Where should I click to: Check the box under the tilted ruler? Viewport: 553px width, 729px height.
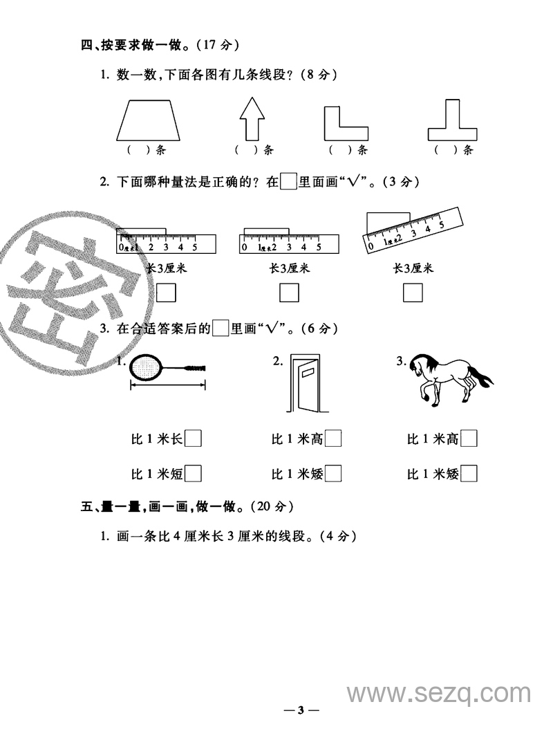(413, 293)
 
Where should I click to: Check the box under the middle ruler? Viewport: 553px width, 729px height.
(289, 293)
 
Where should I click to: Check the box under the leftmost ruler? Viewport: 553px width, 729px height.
(167, 293)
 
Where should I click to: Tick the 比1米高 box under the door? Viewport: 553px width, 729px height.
(333, 439)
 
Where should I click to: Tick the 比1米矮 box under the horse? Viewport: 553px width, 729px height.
(469, 474)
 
